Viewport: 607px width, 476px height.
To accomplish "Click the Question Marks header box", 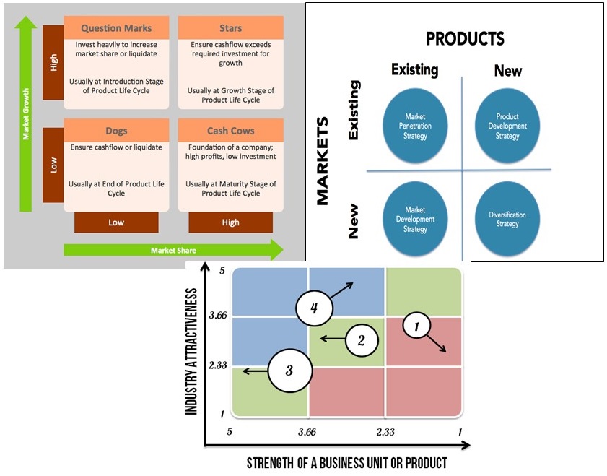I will click(116, 28).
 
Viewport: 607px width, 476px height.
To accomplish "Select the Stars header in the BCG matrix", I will click(231, 28).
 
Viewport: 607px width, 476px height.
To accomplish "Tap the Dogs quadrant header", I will click(116, 131).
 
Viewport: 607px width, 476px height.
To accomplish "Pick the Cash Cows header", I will click(231, 131).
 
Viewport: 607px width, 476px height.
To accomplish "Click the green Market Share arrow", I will click(173, 250).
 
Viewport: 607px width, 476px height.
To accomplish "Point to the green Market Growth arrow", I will click(26, 116).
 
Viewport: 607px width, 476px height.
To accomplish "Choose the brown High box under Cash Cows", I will click(231, 222).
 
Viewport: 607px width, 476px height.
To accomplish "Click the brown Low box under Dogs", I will click(116, 222).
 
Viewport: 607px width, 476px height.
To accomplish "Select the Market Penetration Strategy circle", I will click(415, 126).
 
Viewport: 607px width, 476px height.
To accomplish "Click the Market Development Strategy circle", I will click(415, 218).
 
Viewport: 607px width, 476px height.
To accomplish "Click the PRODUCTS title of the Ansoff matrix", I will click(465, 39).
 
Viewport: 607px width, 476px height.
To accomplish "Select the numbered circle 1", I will click(416, 326).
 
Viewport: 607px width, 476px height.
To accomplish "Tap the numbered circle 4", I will click(314, 308).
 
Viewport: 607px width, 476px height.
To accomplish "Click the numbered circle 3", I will click(289, 371).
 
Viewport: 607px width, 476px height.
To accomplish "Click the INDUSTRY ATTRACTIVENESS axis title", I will click(192, 352).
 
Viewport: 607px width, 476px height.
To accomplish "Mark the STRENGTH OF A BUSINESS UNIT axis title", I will click(346, 462).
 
